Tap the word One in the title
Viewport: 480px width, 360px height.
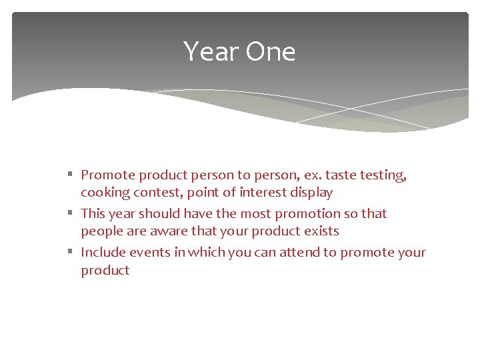point(270,52)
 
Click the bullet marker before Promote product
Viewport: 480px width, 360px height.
point(71,175)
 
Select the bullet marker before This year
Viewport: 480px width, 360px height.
point(71,214)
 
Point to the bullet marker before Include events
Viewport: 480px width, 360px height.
point(71,253)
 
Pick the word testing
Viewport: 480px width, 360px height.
point(383,176)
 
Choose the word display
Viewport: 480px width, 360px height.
point(310,193)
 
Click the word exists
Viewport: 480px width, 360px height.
point(319,231)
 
